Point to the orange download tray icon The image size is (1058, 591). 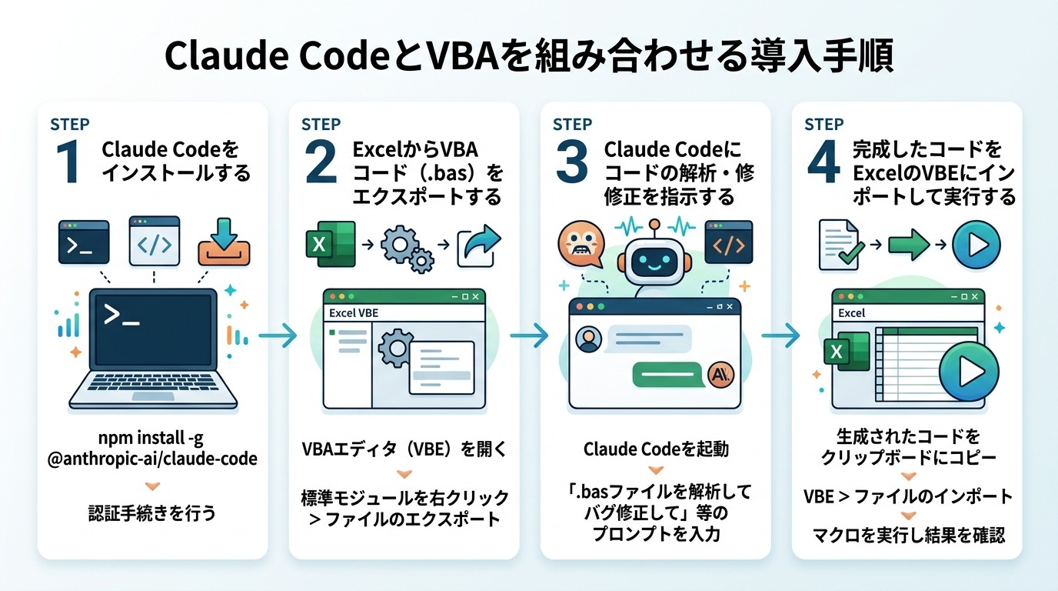224,242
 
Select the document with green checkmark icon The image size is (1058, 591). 838,245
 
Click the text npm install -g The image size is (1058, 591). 152,439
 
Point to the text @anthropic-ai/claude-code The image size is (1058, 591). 152,459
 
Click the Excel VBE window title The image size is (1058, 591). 354,313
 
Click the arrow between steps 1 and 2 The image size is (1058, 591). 278,335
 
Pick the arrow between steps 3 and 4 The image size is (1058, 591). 781,335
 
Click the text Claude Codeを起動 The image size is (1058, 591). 655,449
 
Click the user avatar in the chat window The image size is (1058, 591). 589,339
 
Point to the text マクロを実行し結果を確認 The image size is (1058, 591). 907,535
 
